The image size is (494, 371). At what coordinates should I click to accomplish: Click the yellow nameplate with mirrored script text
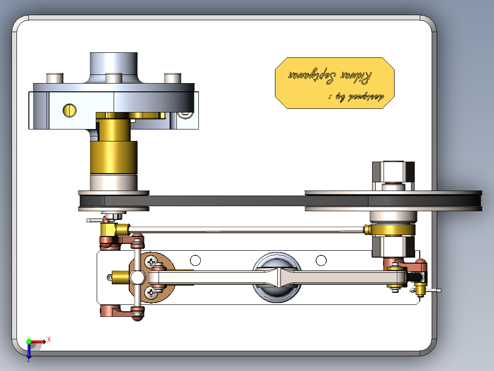tap(335, 83)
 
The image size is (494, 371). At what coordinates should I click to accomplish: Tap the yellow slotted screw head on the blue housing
tap(70, 110)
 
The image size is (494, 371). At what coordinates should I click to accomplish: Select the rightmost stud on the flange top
tap(172, 78)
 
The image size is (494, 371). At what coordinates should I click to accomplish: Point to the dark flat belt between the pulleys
tap(229, 201)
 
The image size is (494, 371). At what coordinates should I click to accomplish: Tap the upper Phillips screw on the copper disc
tap(152, 263)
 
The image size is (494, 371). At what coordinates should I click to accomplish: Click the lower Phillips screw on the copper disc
tap(152, 292)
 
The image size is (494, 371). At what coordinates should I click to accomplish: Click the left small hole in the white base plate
tap(195, 261)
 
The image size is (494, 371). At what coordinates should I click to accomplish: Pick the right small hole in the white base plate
tap(322, 261)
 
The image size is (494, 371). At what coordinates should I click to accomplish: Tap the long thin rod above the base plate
tap(247, 229)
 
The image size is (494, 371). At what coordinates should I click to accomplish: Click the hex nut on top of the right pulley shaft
tap(393, 172)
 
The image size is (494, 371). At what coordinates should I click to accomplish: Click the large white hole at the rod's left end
tap(137, 277)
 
